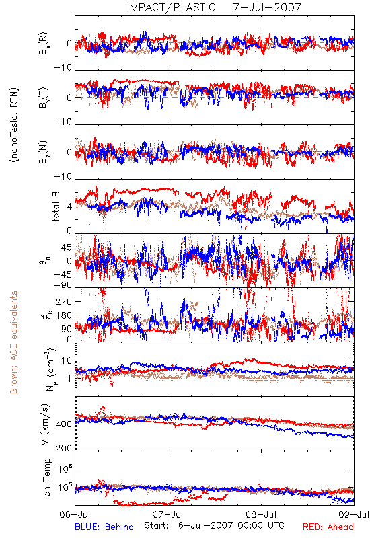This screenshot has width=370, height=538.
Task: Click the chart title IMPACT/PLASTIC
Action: click(171, 7)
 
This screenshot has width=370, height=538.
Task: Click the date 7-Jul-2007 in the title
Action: click(267, 7)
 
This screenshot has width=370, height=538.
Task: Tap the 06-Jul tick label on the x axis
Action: click(75, 514)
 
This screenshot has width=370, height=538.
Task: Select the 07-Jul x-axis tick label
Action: click(168, 514)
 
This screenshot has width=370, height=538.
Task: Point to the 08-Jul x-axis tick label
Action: click(261, 514)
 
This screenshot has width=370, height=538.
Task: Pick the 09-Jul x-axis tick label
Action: click(354, 514)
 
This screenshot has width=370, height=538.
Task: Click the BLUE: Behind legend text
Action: click(104, 527)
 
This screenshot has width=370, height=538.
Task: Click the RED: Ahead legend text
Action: click(328, 527)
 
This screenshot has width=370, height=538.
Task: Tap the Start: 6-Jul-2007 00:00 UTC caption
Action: click(214, 525)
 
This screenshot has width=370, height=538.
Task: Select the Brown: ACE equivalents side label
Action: click(13, 342)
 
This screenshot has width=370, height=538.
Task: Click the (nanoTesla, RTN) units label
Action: click(14, 124)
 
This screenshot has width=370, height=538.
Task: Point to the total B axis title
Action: click(56, 206)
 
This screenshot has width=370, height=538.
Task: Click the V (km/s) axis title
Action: click(45, 425)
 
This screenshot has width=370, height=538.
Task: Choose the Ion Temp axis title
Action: click(46, 478)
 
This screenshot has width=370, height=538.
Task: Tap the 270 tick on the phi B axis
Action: click(64, 301)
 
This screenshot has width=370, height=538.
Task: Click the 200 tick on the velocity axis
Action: click(63, 448)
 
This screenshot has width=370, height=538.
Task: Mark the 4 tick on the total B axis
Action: click(70, 207)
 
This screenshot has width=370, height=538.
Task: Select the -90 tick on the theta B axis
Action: click(63, 285)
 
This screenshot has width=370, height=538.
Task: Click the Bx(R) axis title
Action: click(44, 44)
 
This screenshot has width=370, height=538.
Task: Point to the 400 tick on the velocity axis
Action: click(63, 424)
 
